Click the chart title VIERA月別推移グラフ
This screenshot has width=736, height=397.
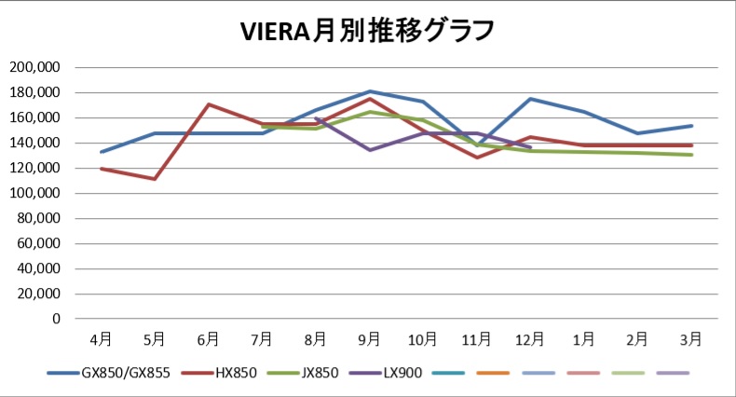pyautogui.click(x=367, y=31)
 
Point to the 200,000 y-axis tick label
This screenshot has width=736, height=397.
pyautogui.click(x=34, y=67)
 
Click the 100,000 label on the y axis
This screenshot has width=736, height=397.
pyautogui.click(x=34, y=193)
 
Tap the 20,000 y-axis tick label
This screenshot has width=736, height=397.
pyautogui.click(x=38, y=294)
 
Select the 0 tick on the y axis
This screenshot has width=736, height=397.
pyautogui.click(x=56, y=319)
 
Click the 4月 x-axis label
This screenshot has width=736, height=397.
pyautogui.click(x=102, y=338)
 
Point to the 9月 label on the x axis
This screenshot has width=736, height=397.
pyautogui.click(x=370, y=338)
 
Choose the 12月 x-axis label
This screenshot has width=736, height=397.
pyautogui.click(x=530, y=338)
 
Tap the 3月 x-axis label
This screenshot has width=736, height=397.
pyautogui.click(x=691, y=338)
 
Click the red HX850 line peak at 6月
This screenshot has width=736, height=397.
pyautogui.click(x=209, y=104)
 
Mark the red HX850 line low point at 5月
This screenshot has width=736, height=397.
pyautogui.click(x=155, y=179)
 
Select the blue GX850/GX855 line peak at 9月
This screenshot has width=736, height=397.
pyautogui.click(x=370, y=91)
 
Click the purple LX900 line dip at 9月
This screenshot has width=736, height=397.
pyautogui.click(x=370, y=150)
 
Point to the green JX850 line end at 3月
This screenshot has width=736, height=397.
pyautogui.click(x=691, y=155)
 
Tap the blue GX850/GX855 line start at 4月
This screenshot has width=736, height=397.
pyautogui.click(x=102, y=152)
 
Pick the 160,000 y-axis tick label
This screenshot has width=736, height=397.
pyautogui.click(x=34, y=117)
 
